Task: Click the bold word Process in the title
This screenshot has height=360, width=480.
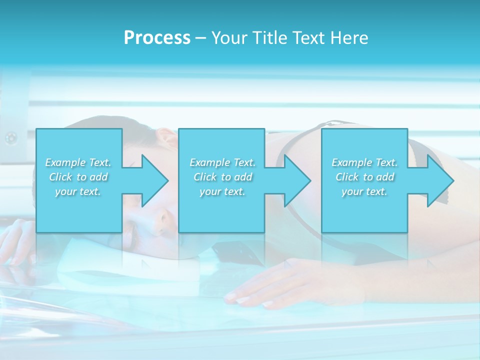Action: [x=157, y=37]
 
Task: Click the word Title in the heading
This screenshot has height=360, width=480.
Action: [x=268, y=37]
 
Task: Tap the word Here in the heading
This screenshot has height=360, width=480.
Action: [x=349, y=37]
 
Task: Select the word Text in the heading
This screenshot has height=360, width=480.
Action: [x=308, y=37]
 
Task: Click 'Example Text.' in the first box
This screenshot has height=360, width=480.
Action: [x=78, y=162]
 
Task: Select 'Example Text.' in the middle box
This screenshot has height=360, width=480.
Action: [x=222, y=162]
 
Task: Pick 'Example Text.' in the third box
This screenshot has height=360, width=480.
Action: [x=364, y=162]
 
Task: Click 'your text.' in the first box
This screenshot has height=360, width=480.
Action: [x=78, y=191]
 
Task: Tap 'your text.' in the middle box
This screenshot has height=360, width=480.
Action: [x=222, y=191]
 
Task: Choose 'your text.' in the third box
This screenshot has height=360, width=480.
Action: [x=364, y=191]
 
